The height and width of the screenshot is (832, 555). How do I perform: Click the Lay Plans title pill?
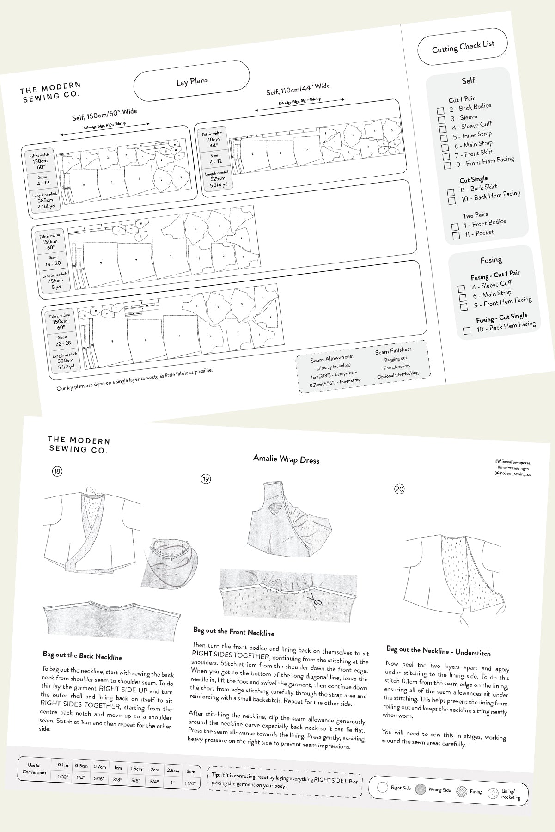coord(192,82)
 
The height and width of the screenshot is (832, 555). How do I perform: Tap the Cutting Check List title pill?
coord(463,47)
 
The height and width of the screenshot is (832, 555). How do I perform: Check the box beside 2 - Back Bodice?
coord(440,110)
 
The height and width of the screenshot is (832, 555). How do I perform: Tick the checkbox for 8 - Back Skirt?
coord(451,192)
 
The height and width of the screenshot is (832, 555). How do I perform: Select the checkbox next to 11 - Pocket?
coord(456,236)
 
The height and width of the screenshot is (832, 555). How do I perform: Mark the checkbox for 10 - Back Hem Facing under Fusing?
coord(467,330)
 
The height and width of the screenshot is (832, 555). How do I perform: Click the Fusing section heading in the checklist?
coord(491,260)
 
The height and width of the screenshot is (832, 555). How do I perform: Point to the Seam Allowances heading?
coord(332,357)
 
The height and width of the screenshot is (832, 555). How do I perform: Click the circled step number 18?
coord(57,471)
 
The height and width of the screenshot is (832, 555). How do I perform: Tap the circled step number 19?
coord(206,479)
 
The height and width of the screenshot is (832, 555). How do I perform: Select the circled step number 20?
coord(399,489)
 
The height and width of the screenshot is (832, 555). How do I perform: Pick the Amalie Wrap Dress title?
coord(286,459)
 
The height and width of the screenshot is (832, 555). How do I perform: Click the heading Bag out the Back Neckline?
coord(82,655)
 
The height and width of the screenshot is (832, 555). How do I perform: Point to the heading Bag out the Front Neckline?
coord(233,631)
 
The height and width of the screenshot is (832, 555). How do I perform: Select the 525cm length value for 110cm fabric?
coord(218,178)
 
